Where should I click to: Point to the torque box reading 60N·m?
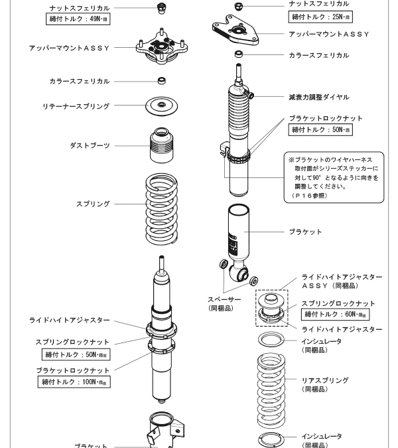coord(336,315)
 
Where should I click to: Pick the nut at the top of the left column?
coord(160,8)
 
